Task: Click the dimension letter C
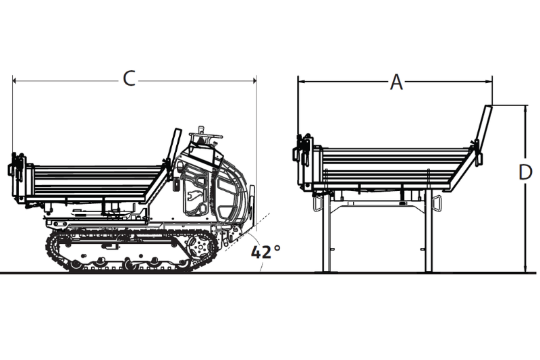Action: pyautogui.click(x=129, y=79)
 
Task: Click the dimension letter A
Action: pyautogui.click(x=397, y=82)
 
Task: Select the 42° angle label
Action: pyautogui.click(x=265, y=252)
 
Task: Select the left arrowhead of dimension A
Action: pyautogui.click(x=302, y=81)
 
